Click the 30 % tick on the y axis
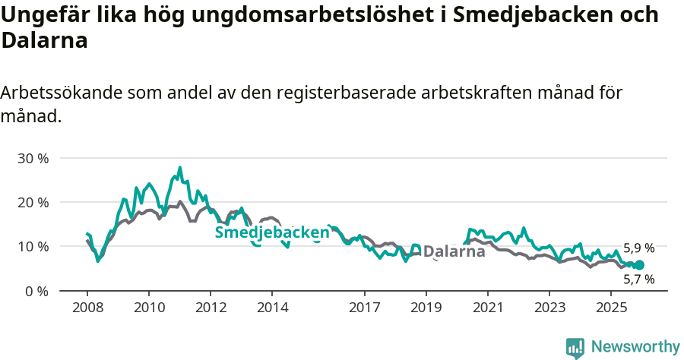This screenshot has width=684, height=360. click(x=33, y=159)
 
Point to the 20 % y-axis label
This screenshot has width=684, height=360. click(x=33, y=203)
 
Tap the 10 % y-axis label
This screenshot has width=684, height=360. click(x=33, y=247)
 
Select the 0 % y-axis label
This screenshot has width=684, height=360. click(x=36, y=291)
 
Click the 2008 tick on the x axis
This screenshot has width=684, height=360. click(x=87, y=308)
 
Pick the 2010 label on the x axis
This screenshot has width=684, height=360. click(x=148, y=308)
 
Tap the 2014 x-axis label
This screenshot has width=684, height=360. click(x=272, y=308)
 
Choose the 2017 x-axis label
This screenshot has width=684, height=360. click(x=364, y=308)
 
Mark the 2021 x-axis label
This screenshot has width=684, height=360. click(x=488, y=308)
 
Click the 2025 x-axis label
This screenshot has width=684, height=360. click(x=611, y=308)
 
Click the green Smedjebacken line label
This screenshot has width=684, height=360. click(x=272, y=232)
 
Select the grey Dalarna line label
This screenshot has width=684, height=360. click(x=454, y=251)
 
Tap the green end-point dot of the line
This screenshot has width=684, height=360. click(x=639, y=265)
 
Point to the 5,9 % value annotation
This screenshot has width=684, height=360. click(x=638, y=248)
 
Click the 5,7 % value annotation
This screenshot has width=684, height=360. click(x=638, y=279)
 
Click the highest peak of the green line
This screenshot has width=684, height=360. click(x=180, y=168)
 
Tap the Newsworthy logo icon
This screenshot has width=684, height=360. click(x=575, y=347)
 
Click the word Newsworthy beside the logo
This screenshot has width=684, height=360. click(x=635, y=347)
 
